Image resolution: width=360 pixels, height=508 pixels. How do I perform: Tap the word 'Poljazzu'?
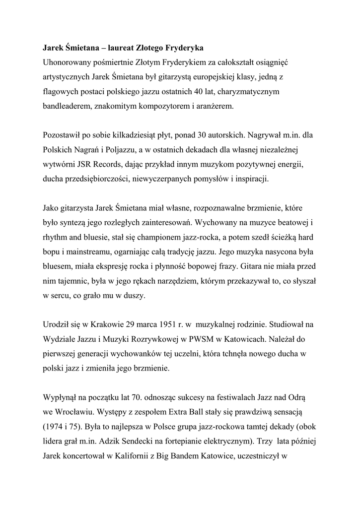point(129,149)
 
